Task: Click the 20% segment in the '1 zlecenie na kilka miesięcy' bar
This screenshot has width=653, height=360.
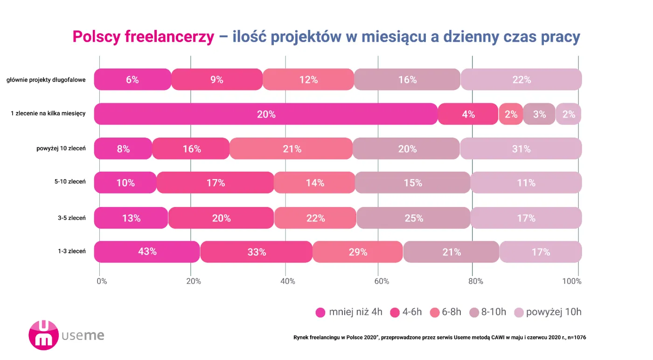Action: pos(266,114)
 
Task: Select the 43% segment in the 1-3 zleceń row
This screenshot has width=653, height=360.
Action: pos(147,252)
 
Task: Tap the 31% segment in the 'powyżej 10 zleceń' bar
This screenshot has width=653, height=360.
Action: pos(521,149)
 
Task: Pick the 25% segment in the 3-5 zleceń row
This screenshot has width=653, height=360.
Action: pos(413,218)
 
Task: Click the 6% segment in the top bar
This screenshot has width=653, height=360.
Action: pos(132,80)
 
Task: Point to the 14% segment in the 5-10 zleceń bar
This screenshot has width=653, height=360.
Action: pos(314,183)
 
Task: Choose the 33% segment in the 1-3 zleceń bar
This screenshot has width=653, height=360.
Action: pos(257,252)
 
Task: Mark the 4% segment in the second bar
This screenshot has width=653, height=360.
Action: pos(468,114)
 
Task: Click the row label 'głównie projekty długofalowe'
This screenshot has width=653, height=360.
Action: pos(46,80)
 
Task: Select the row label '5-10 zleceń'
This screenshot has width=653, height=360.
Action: pos(69,182)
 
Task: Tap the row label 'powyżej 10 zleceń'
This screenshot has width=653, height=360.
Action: pos(61,148)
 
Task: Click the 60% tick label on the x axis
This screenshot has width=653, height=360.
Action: pos(382,281)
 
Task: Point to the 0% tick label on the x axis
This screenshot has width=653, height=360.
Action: pos(102,281)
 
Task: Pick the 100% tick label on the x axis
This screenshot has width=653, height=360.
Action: pos(572,281)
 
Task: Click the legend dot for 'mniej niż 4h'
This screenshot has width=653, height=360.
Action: pos(320,312)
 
